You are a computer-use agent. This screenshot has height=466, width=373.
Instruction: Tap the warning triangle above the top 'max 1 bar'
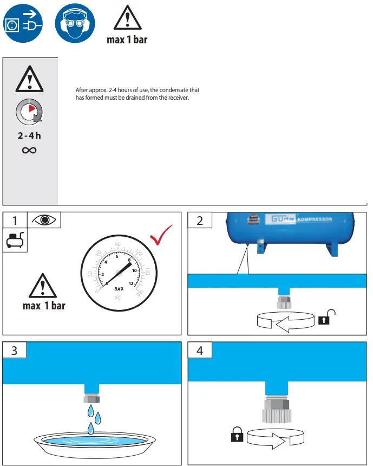(127, 19)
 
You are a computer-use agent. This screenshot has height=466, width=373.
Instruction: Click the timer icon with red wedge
(29, 112)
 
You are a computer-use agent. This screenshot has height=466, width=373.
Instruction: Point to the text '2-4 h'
(29, 135)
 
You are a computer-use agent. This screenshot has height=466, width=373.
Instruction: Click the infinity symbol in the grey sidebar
(29, 150)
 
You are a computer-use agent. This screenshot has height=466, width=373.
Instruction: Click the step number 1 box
(15, 220)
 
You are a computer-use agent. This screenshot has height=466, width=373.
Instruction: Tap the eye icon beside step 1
(44, 220)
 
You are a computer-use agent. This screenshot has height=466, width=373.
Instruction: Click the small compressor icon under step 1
(15, 240)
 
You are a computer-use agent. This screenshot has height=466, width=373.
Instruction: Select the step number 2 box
(200, 221)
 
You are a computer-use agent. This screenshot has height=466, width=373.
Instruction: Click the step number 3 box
(15, 351)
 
